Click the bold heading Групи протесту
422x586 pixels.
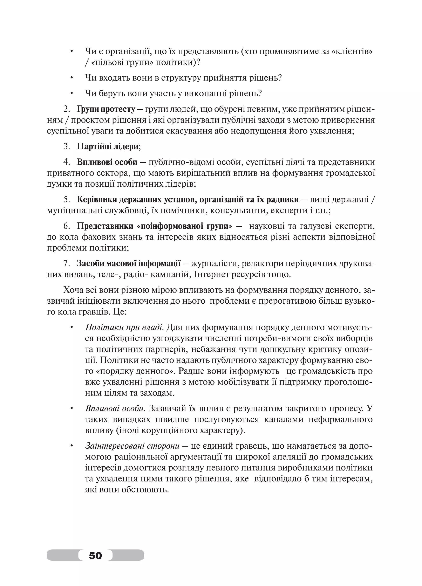(x=106, y=109)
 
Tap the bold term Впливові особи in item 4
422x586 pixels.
(x=107, y=162)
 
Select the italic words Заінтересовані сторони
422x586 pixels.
(x=132, y=446)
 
